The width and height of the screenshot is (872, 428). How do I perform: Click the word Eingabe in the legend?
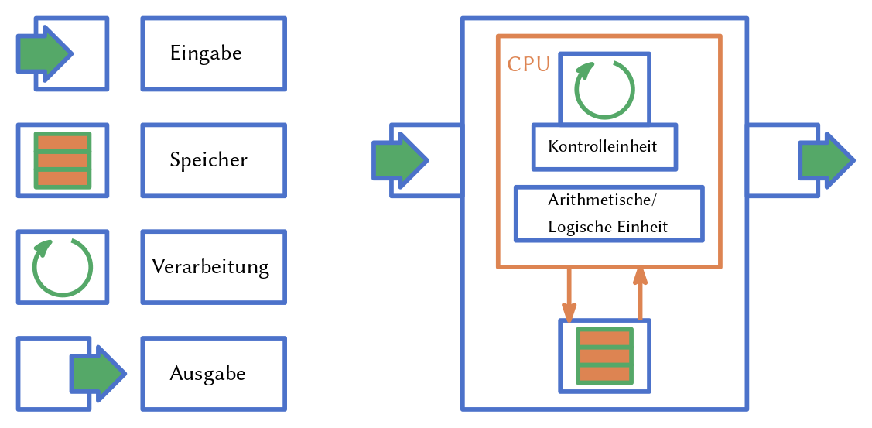tap(206, 53)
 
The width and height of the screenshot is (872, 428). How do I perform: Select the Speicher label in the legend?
tap(208, 160)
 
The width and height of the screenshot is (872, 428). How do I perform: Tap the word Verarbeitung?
tap(210, 267)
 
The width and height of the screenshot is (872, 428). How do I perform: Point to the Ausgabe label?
tap(207, 374)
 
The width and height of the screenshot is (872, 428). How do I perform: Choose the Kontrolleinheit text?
tap(603, 146)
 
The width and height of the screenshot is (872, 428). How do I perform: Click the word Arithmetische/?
tap(601, 200)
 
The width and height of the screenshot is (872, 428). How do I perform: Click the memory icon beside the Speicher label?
tap(63, 160)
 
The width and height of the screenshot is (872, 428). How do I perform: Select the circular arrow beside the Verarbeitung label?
tap(62, 267)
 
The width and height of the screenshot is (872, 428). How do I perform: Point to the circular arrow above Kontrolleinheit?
tap(604, 89)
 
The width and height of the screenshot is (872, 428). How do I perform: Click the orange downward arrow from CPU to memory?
tap(569, 295)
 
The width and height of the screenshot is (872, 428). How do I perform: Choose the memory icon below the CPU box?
tap(604, 355)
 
